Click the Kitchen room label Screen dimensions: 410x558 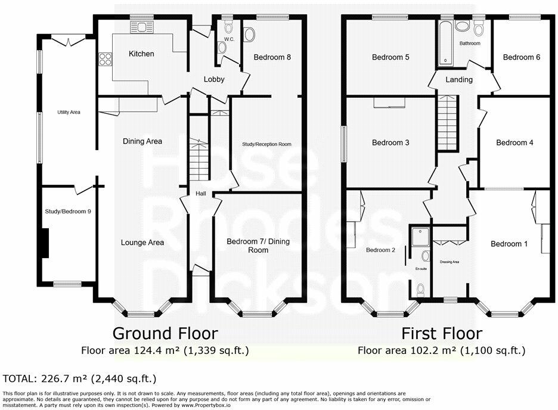(x=141, y=54)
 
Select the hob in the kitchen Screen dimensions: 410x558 (x=106, y=58)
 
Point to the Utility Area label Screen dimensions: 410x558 (x=69, y=111)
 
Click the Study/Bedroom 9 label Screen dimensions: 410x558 (x=68, y=211)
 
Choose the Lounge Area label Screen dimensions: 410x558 (x=142, y=243)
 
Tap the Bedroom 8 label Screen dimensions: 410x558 (x=272, y=58)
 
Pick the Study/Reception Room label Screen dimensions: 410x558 (x=266, y=144)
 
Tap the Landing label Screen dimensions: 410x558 (x=459, y=80)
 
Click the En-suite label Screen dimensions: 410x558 (x=421, y=269)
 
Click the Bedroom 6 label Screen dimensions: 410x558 (x=522, y=57)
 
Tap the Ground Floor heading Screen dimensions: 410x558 (x=165, y=333)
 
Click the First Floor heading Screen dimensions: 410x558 (x=441, y=333)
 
